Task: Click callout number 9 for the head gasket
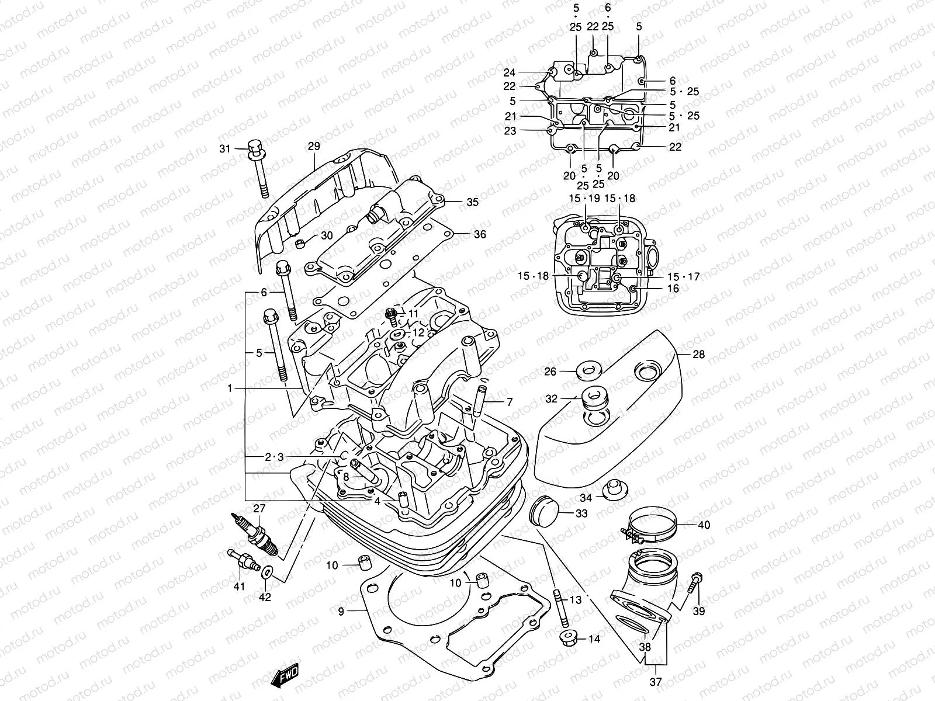341,611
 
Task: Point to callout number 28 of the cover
698,355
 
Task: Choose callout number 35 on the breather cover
472,202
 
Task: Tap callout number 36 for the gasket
479,234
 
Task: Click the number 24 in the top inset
510,72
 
